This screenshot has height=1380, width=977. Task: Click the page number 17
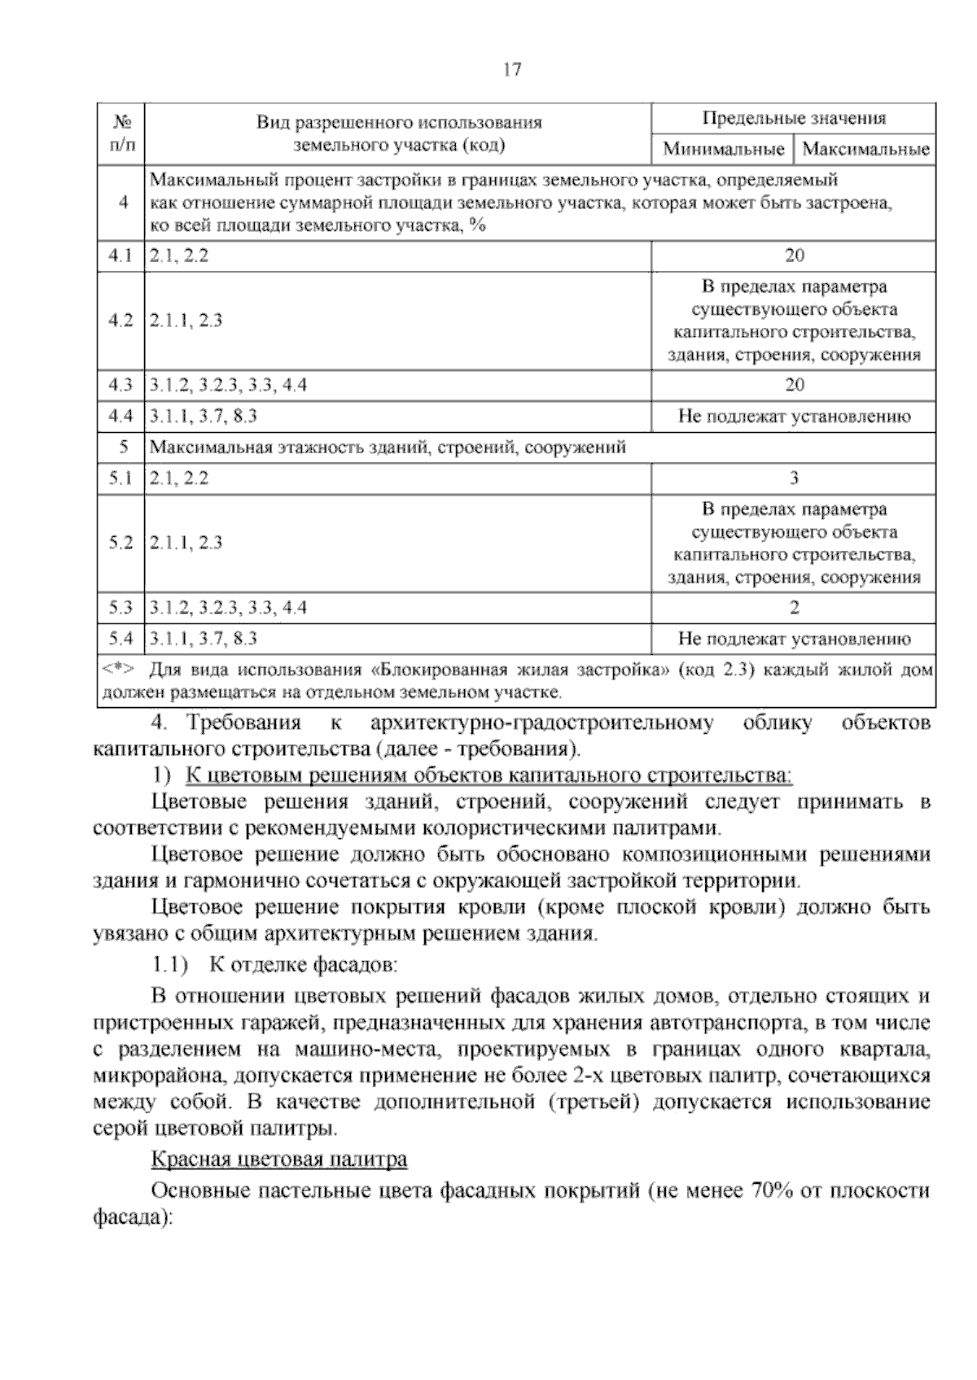coord(511,70)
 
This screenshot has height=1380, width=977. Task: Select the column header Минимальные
coord(723,149)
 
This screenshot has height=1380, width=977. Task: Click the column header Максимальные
coord(865,149)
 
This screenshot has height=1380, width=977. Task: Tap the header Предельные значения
coord(793,119)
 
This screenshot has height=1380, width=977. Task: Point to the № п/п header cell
coord(121,133)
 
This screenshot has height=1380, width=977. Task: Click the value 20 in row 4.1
coord(794,255)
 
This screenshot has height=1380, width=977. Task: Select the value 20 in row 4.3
coord(794,385)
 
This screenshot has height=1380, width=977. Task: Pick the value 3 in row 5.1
coord(794,478)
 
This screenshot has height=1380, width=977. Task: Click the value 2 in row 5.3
coord(794,608)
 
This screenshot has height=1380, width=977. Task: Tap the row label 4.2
coord(120,321)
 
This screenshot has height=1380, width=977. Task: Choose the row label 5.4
coord(120,640)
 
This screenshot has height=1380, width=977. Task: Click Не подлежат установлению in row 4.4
coord(794,417)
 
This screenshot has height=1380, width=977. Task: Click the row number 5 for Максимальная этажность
coord(124,448)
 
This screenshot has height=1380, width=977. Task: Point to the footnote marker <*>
coord(118,670)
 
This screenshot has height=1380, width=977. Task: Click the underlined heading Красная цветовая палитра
coord(279,1159)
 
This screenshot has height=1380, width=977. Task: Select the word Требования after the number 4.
coord(243,723)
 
